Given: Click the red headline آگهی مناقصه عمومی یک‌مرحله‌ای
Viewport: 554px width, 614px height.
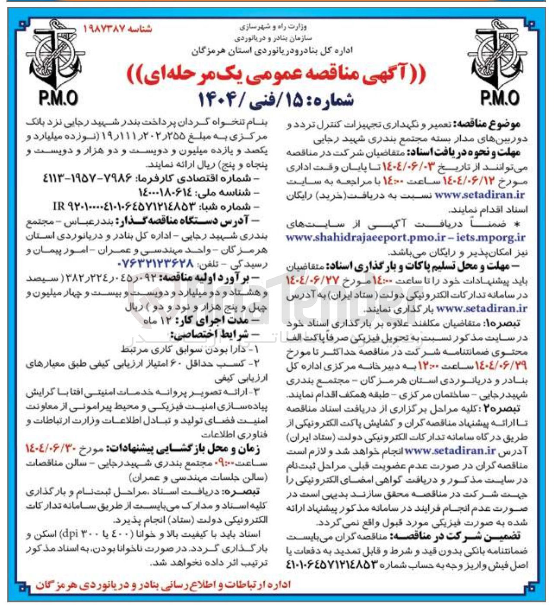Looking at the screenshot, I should (x=276, y=75).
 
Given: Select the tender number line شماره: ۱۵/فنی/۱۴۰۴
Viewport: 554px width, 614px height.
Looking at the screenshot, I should (x=276, y=100).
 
